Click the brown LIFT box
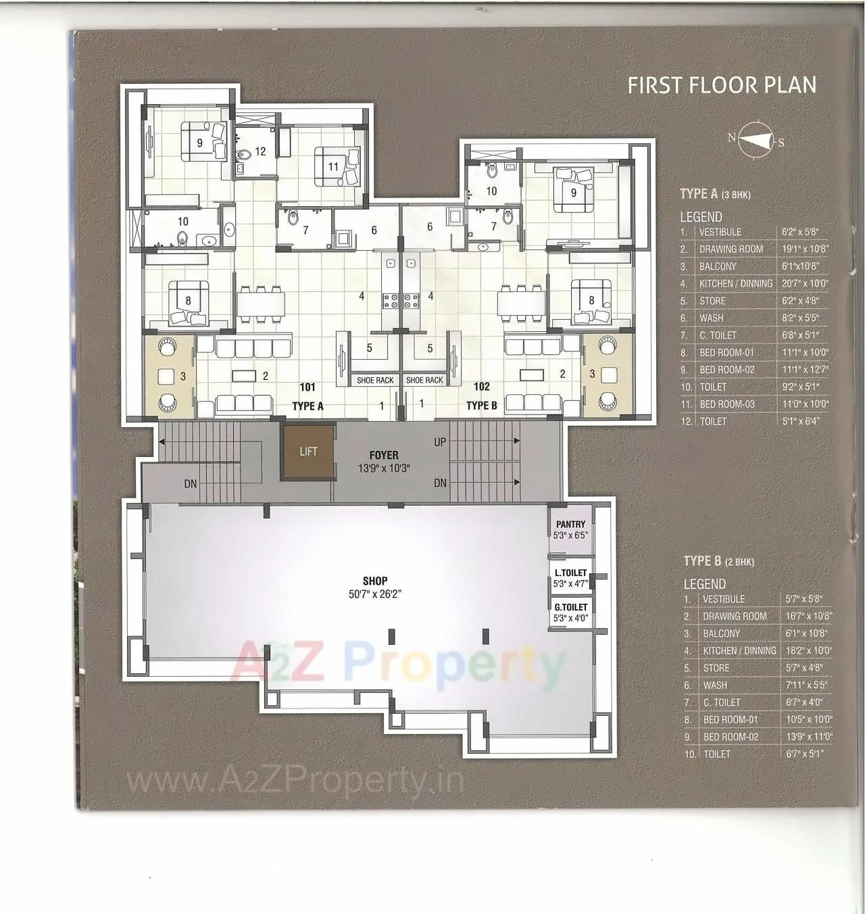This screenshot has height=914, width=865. (308, 451)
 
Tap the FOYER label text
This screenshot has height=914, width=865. (384, 455)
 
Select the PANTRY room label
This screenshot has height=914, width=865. (570, 525)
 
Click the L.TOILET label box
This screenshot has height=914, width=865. (570, 577)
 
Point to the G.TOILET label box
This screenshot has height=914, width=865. (570, 612)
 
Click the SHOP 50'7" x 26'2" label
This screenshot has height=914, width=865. (375, 587)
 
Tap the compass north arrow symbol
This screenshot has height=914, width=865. (756, 140)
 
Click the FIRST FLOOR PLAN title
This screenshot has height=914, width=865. (722, 85)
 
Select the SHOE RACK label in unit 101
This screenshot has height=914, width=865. (375, 381)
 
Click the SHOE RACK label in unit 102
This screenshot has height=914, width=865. (424, 381)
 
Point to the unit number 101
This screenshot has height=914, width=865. (307, 387)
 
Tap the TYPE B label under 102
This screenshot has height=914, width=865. (481, 406)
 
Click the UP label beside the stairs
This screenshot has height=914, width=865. (440, 442)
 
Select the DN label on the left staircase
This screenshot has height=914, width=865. (191, 484)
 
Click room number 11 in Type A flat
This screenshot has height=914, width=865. (333, 166)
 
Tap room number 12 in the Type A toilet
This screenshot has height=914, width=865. (260, 151)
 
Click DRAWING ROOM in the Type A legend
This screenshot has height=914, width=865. (731, 249)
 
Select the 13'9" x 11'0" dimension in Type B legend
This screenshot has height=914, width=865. (809, 737)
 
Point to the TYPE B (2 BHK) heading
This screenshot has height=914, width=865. (718, 561)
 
